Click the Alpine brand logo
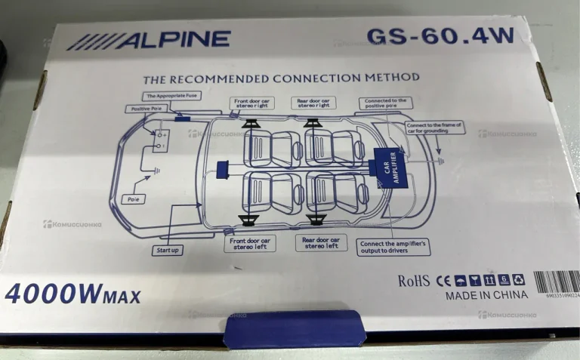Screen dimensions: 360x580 click(x=148, y=40)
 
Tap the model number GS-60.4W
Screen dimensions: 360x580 click(x=430, y=35)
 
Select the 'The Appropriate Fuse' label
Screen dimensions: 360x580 click(x=172, y=96)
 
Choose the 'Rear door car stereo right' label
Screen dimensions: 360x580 click(x=314, y=103)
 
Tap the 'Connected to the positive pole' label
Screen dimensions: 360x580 click(x=385, y=103)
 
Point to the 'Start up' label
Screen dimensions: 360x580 click(x=168, y=249)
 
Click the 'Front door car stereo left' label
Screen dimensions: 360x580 click(x=249, y=243)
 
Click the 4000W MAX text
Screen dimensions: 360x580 click(x=72, y=294)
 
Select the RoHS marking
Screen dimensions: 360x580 click(x=414, y=281)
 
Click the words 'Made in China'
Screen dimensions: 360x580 click(x=486, y=295)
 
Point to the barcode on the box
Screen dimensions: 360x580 click(x=557, y=282)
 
